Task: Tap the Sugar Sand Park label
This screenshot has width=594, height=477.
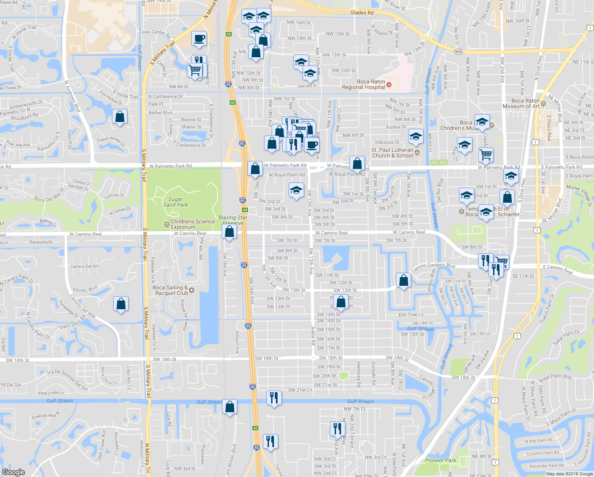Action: (x=175, y=202)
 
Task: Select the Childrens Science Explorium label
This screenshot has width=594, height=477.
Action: (x=193, y=224)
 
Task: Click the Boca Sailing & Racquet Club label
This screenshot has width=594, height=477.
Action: (x=170, y=290)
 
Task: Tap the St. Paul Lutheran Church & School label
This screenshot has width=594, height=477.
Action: (x=392, y=153)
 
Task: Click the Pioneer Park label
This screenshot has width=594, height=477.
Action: (x=440, y=460)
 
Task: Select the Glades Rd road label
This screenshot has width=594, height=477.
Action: (x=362, y=13)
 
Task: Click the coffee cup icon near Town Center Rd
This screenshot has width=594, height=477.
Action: (x=199, y=39)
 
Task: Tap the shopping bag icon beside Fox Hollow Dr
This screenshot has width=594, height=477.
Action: (x=120, y=117)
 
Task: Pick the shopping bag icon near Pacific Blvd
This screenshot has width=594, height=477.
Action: (x=121, y=304)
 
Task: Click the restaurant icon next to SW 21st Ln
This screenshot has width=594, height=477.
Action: (x=274, y=398)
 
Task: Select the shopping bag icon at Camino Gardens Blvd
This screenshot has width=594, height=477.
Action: (x=403, y=280)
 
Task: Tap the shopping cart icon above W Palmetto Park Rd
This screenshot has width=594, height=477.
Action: (x=486, y=155)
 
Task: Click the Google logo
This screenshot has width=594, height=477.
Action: (x=13, y=472)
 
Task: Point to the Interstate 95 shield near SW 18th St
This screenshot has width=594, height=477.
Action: (x=252, y=387)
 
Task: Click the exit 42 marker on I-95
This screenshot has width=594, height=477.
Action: (x=255, y=428)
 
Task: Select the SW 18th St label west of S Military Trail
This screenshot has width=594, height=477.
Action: (x=17, y=361)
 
